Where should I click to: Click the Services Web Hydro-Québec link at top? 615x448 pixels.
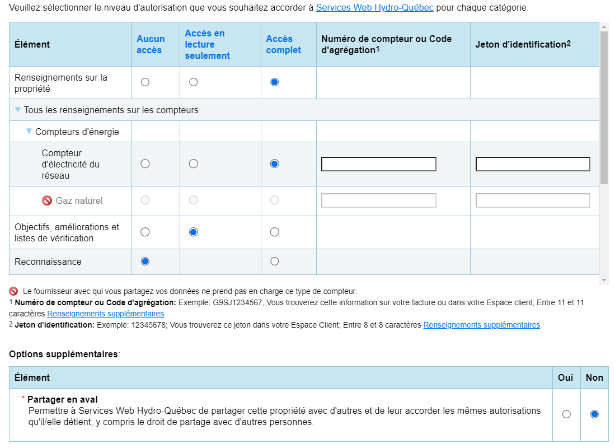(x=374, y=8)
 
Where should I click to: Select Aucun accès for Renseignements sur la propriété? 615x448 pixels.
(x=145, y=82)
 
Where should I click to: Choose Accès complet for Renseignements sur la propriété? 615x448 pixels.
(x=274, y=82)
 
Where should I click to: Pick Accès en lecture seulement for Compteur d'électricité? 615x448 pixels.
(x=194, y=164)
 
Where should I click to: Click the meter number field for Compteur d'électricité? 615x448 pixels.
(x=378, y=164)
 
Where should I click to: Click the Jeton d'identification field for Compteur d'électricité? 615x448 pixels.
(x=533, y=164)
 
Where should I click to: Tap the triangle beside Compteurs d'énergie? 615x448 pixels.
(x=29, y=132)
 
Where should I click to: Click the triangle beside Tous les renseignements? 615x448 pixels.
(x=18, y=110)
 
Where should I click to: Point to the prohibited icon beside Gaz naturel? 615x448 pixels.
(x=47, y=200)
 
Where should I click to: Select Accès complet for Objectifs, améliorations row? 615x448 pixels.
(x=274, y=232)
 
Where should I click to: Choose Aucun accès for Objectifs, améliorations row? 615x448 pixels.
(x=145, y=232)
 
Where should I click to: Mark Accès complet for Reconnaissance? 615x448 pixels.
(x=274, y=261)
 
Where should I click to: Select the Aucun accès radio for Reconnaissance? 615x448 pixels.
(x=145, y=261)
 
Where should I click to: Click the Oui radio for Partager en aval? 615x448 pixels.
(x=566, y=414)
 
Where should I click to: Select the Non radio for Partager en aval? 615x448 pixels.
(x=594, y=414)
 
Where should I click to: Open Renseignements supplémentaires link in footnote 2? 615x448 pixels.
(x=481, y=325)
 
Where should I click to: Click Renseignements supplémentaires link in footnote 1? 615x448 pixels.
(x=105, y=314)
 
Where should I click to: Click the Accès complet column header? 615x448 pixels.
(x=283, y=45)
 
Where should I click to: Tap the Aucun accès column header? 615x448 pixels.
(x=151, y=45)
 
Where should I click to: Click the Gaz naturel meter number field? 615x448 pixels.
(x=378, y=200)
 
